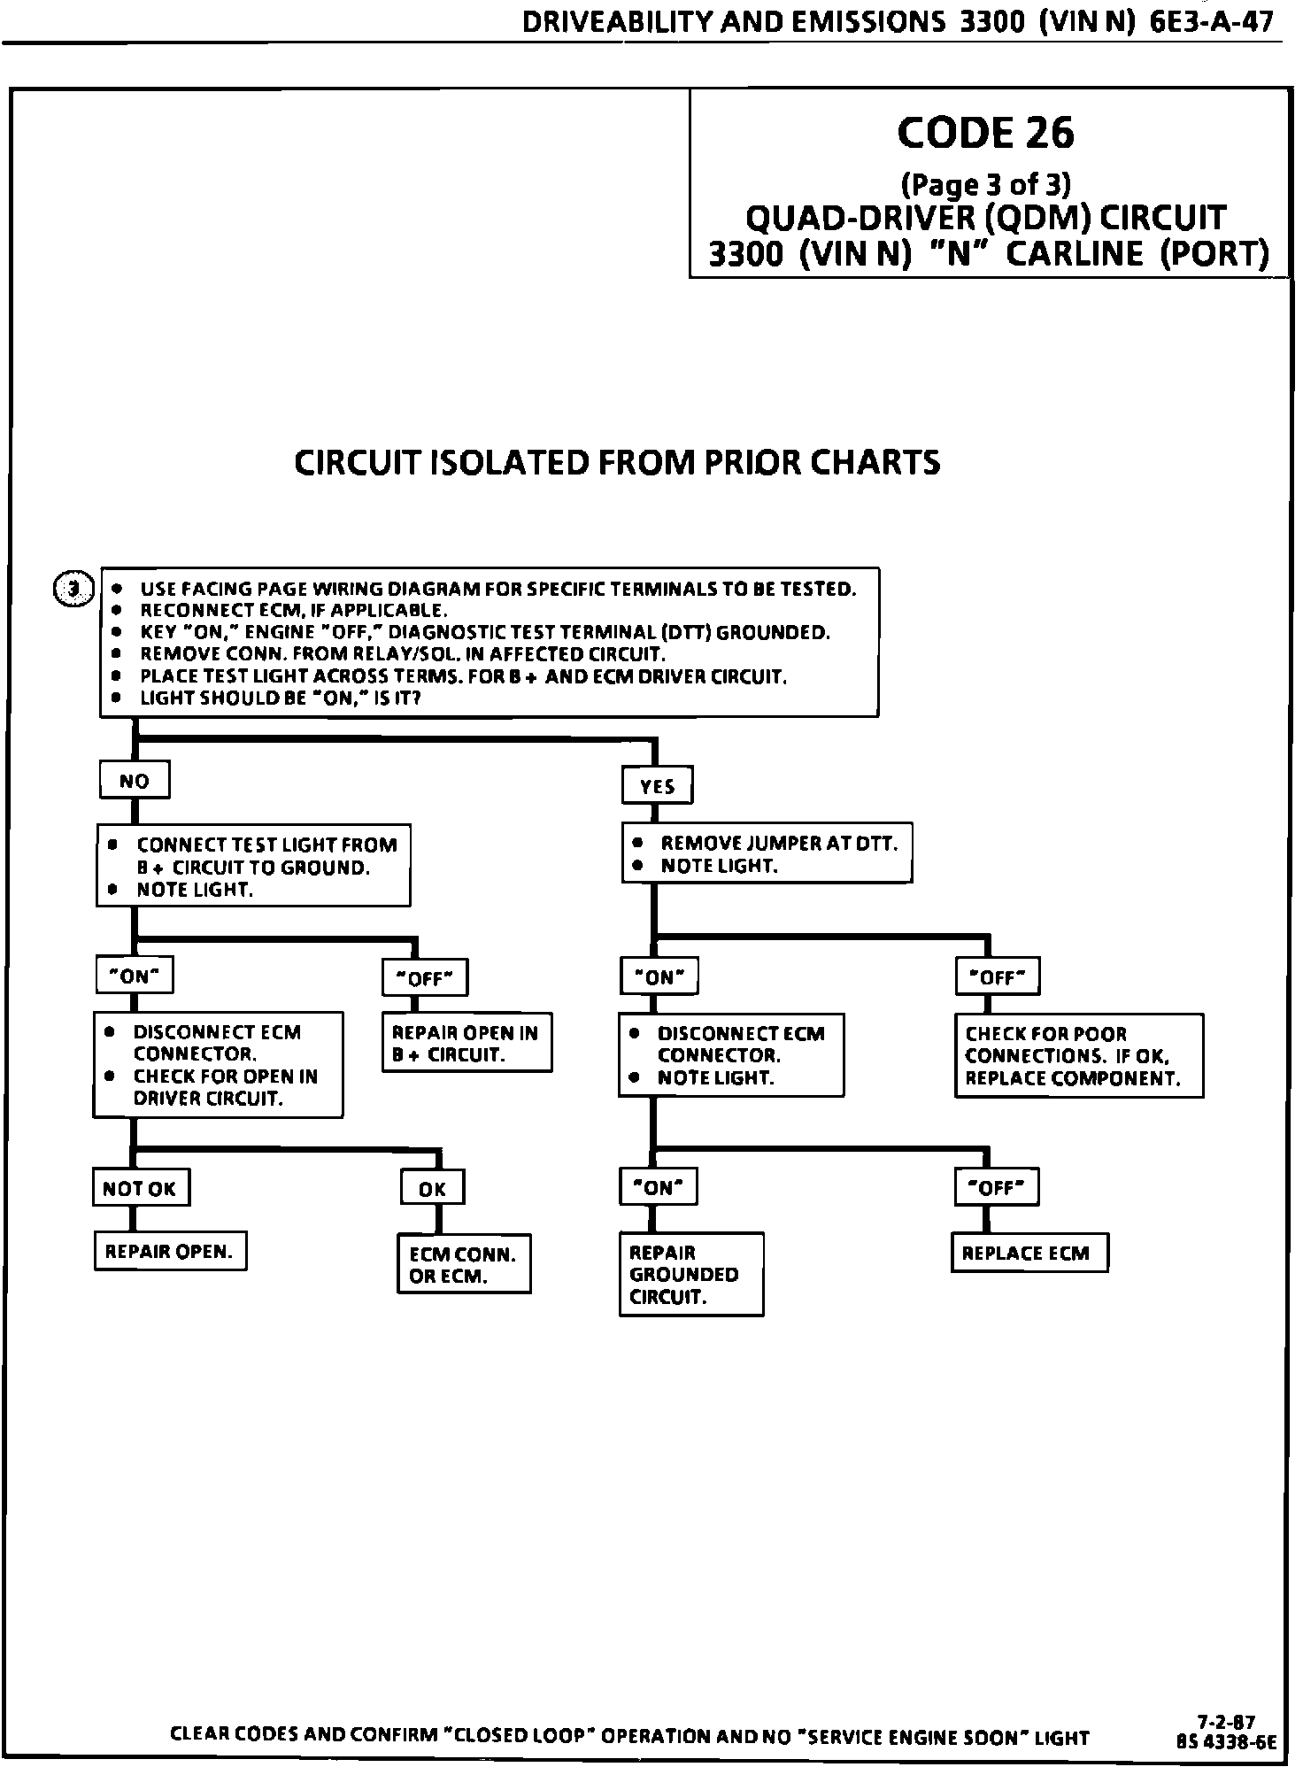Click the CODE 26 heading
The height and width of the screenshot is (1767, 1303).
(x=985, y=133)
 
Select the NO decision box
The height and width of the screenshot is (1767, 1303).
(x=134, y=781)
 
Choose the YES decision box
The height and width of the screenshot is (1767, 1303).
(x=657, y=786)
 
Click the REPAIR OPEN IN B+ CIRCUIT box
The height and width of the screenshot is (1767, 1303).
(x=466, y=1044)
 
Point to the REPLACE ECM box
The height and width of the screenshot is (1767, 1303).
(x=1029, y=1253)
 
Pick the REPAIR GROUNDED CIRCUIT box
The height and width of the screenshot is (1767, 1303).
(x=690, y=1274)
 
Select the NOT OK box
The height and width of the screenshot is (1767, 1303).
(x=141, y=1188)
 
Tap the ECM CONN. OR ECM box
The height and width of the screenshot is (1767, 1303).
(x=463, y=1264)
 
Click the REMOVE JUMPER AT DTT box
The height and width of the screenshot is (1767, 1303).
(x=767, y=854)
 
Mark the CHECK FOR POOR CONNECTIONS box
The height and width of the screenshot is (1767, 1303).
(x=1078, y=1055)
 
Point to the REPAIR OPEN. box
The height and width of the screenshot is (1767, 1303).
(x=170, y=1251)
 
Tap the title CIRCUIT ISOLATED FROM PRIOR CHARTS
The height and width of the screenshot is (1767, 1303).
(x=617, y=462)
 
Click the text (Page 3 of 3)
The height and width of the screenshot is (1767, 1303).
(x=985, y=184)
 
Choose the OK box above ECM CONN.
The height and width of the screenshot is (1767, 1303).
(x=432, y=1189)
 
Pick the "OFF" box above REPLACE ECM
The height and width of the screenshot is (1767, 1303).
(x=997, y=1187)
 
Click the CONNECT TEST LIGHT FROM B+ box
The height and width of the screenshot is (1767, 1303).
(x=253, y=867)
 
